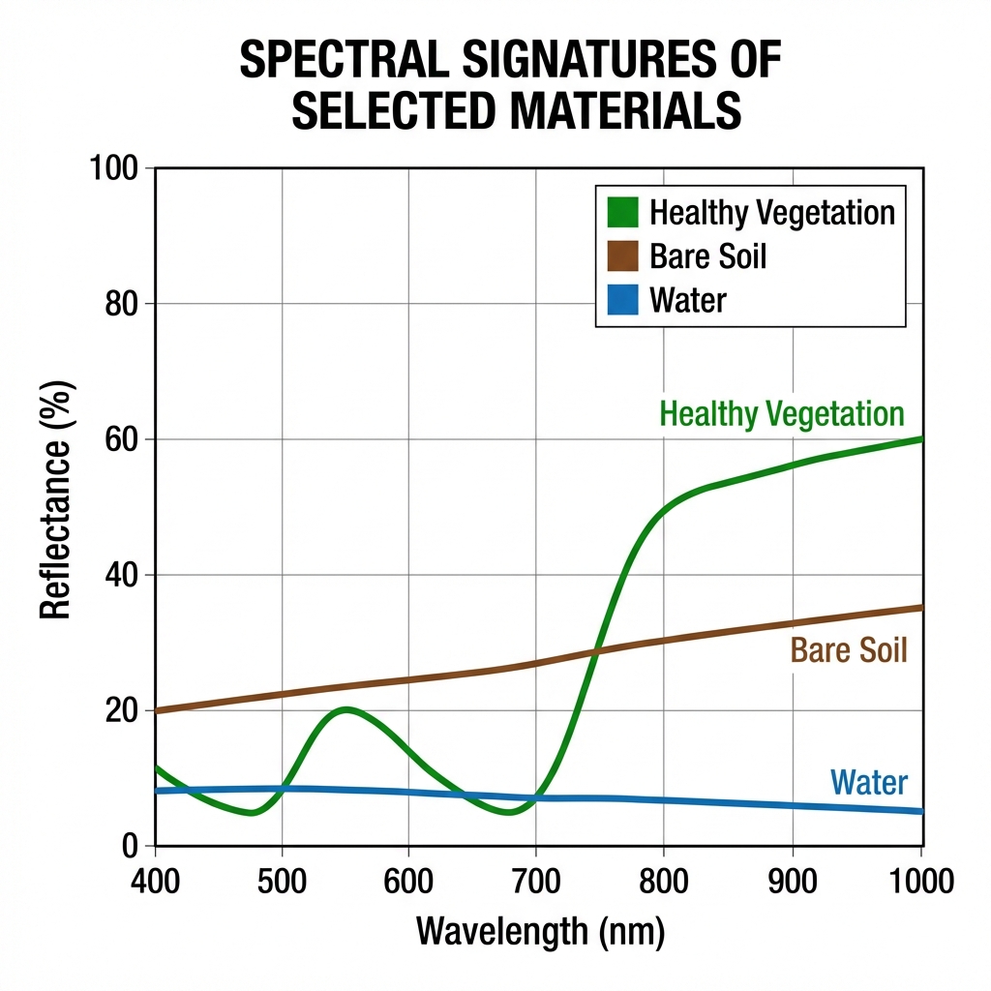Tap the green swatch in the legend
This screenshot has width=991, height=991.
(x=621, y=212)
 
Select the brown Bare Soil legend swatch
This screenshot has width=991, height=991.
(x=621, y=256)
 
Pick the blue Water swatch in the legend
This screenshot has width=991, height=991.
(x=621, y=300)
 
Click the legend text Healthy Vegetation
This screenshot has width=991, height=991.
(x=772, y=212)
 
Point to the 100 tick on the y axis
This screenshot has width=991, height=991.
(x=116, y=168)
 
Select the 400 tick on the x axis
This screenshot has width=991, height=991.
(x=155, y=881)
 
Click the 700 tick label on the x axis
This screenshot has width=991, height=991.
(x=535, y=881)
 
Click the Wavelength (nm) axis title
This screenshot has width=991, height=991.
(x=540, y=931)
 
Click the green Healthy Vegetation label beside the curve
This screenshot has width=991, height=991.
(x=781, y=414)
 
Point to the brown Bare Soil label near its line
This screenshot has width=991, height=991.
(x=849, y=649)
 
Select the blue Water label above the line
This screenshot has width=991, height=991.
(x=868, y=782)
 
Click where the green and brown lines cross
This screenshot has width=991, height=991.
(x=597, y=650)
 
